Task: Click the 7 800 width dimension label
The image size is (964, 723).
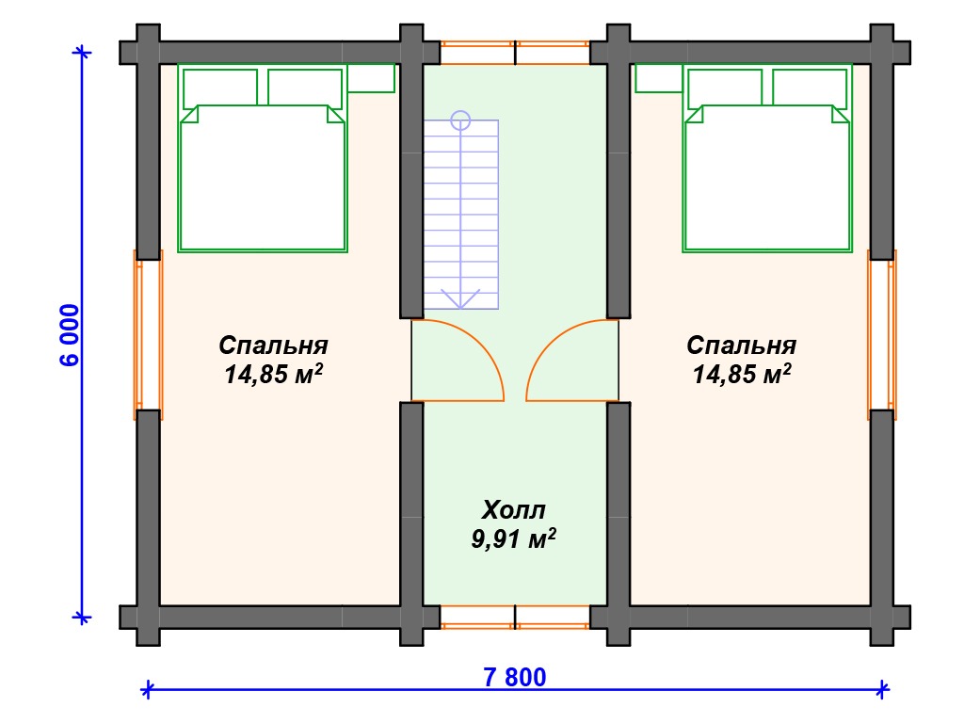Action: [x=515, y=677]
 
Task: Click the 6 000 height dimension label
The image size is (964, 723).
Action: [x=70, y=335]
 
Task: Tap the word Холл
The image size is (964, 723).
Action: [x=513, y=509]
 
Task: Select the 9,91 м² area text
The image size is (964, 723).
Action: [x=513, y=538]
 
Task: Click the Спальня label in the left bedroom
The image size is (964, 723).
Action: [x=274, y=345]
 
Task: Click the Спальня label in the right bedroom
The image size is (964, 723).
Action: [x=742, y=345]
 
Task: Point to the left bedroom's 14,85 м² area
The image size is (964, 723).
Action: [x=274, y=374]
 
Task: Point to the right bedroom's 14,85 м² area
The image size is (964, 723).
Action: [x=742, y=374]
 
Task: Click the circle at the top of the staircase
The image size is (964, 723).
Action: [x=460, y=120]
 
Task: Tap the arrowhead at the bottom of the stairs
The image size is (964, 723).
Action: [x=460, y=298]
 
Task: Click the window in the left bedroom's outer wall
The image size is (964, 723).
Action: [x=148, y=335]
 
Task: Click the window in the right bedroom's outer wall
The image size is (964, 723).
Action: [x=882, y=335]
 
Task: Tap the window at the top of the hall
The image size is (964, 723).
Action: [x=515, y=53]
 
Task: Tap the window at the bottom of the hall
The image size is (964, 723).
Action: [x=515, y=618]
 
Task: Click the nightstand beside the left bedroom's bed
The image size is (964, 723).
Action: [x=371, y=78]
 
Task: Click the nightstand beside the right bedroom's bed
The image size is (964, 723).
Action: [x=659, y=78]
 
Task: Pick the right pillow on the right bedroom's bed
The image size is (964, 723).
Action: [x=810, y=88]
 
